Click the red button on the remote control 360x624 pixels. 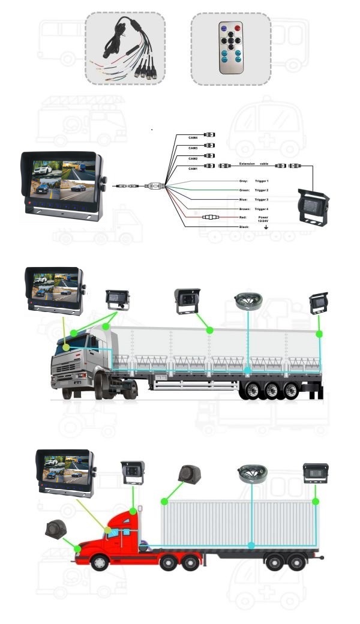pyautogui.click(x=238, y=28)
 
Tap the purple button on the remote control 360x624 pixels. pyautogui.click(x=223, y=28)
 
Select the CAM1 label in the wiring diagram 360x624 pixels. pyautogui.click(x=193, y=169)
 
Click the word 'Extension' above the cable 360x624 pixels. pyautogui.click(x=247, y=163)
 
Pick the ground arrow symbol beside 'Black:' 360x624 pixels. pyautogui.click(x=266, y=228)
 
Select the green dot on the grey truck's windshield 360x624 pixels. pyautogui.click(x=66, y=347)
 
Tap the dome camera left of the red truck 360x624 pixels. pyautogui.click(x=55, y=529)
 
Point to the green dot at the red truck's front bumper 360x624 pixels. pyautogui.click(x=77, y=548)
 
